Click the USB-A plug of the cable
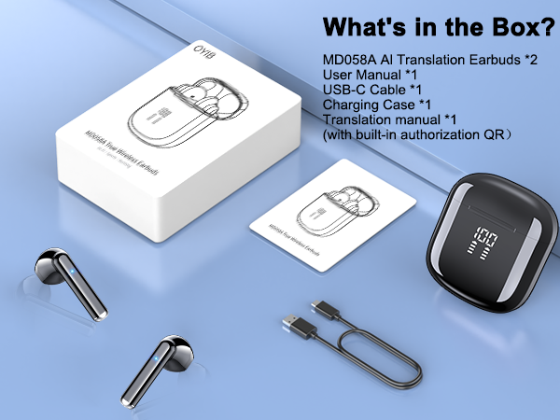click(297, 327)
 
